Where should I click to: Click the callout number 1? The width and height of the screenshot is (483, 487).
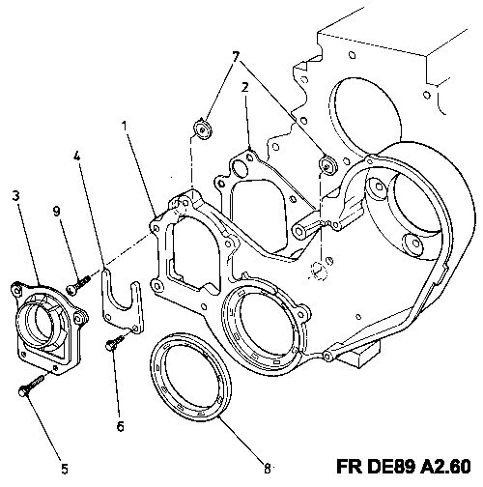pyautogui.click(x=125, y=126)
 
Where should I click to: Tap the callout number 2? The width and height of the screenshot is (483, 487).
pyautogui.click(x=245, y=87)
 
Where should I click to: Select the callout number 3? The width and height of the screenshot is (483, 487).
pyautogui.click(x=15, y=195)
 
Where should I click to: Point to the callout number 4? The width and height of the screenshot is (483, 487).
pyautogui.click(x=76, y=157)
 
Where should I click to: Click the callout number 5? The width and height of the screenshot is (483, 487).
pyautogui.click(x=65, y=469)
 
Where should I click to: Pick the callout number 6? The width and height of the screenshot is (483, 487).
pyautogui.click(x=120, y=426)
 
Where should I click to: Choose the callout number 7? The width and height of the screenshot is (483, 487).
pyautogui.click(x=236, y=57)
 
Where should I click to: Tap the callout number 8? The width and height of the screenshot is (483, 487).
pyautogui.click(x=268, y=469)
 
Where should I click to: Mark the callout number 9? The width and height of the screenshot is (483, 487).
pyautogui.click(x=56, y=212)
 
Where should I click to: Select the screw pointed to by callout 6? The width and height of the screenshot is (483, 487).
pyautogui.click(x=115, y=342)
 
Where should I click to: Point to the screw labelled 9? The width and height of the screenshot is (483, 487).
pyautogui.click(x=78, y=285)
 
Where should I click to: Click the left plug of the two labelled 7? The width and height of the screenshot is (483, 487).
pyautogui.click(x=202, y=129)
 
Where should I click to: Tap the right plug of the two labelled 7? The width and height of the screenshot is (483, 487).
pyautogui.click(x=327, y=166)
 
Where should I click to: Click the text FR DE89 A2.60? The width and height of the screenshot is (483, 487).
pyautogui.click(x=403, y=466)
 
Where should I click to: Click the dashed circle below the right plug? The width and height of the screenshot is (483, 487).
pyautogui.click(x=319, y=270)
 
